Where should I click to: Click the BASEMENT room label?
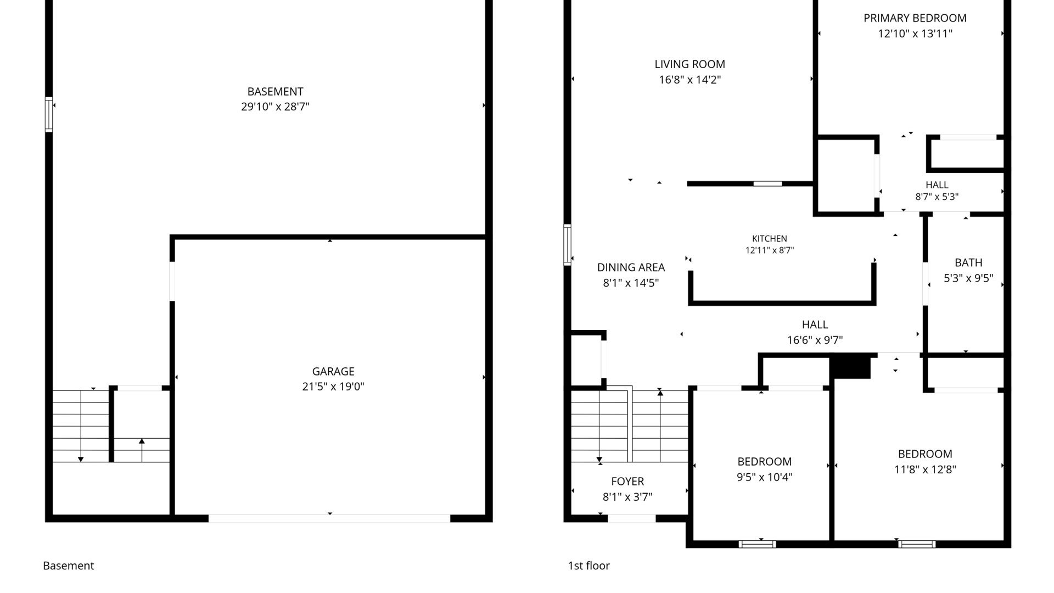[x=275, y=92]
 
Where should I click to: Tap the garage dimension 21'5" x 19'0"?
[x=333, y=387]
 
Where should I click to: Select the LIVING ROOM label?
[x=689, y=64]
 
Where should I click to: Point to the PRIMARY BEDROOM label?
[x=915, y=18]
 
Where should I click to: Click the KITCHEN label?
[x=770, y=239]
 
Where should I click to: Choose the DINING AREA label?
[x=631, y=267]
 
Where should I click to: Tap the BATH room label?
[x=968, y=263]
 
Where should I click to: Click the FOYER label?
[x=627, y=482]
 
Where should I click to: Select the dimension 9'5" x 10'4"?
[x=765, y=477]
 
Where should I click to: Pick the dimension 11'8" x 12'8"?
[x=925, y=469]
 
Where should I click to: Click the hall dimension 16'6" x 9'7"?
[x=815, y=340]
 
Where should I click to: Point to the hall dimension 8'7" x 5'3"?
[x=937, y=197]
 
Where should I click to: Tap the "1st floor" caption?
[x=589, y=566]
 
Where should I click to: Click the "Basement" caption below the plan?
[x=69, y=566]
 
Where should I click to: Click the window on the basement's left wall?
[x=49, y=114]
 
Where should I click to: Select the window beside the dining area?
[x=568, y=245]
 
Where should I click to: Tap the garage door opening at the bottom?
[x=329, y=518]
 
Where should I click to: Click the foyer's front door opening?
[x=632, y=518]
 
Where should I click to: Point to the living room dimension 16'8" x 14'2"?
[x=689, y=80]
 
